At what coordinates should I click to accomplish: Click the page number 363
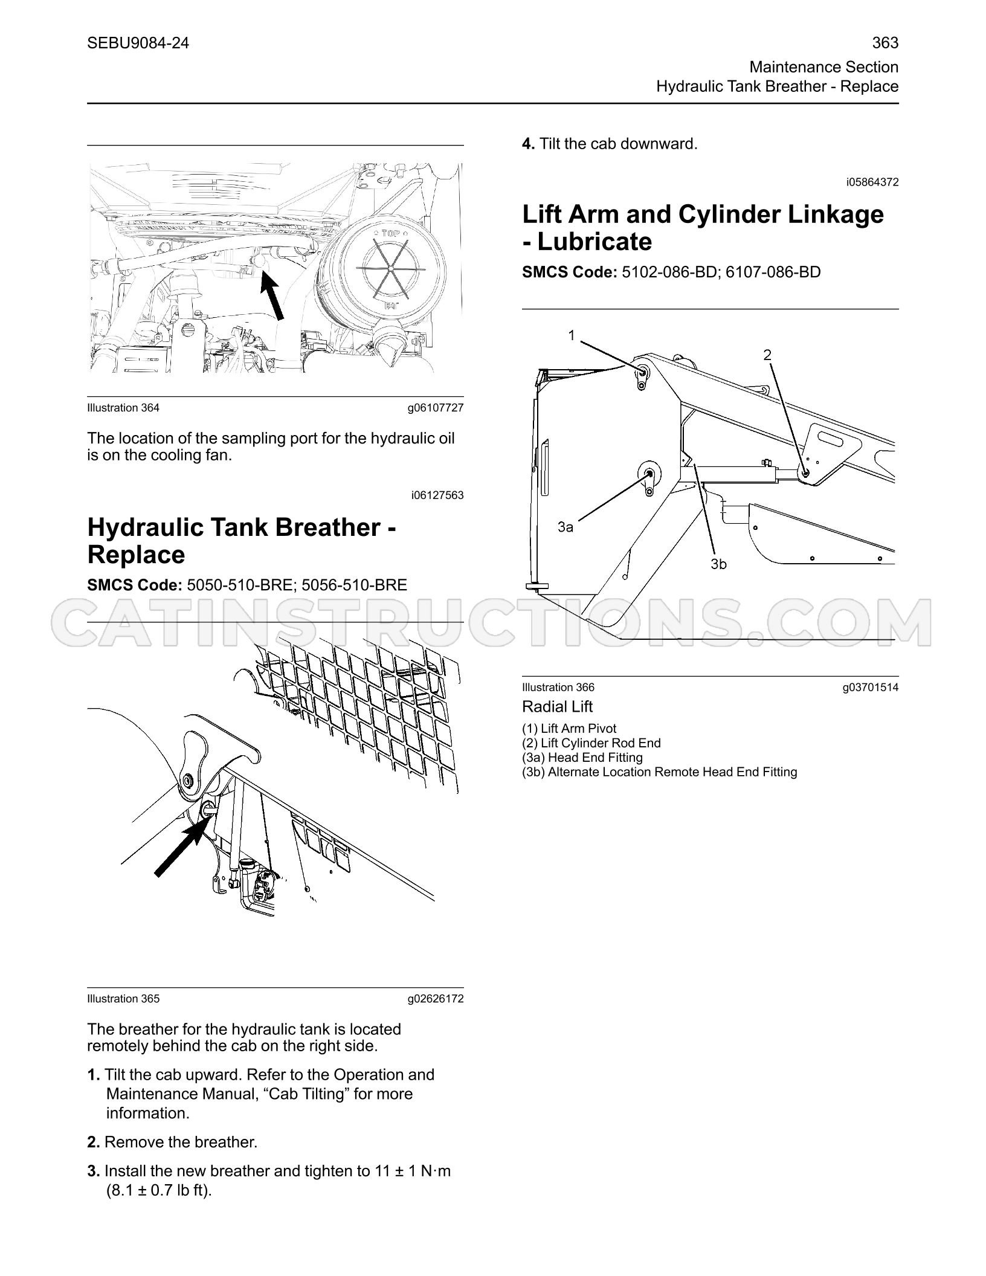(x=885, y=43)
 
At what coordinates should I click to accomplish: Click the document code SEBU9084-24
(x=138, y=43)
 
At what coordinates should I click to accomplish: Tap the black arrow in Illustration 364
(x=272, y=295)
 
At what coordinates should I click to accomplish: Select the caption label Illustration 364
(x=123, y=408)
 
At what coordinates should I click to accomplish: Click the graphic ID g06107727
(x=436, y=408)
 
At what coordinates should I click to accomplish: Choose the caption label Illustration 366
(x=558, y=687)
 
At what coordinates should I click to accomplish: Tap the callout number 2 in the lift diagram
(x=767, y=355)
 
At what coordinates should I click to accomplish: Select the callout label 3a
(x=565, y=527)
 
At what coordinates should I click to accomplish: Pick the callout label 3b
(x=718, y=564)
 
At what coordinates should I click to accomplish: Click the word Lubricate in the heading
(x=594, y=242)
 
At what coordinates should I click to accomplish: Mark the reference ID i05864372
(x=872, y=182)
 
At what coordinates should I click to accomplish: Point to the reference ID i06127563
(x=437, y=495)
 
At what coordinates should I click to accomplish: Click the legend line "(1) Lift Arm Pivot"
(x=569, y=729)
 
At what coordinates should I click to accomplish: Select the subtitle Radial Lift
(x=557, y=707)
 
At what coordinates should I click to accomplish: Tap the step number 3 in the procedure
(x=93, y=1171)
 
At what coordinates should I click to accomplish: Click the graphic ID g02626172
(x=436, y=999)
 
